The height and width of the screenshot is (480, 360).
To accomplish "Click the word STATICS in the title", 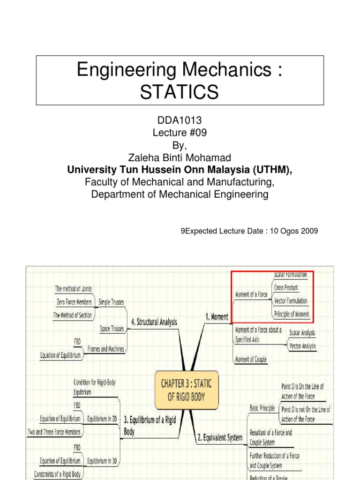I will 180,92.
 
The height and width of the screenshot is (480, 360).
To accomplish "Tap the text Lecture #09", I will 180,133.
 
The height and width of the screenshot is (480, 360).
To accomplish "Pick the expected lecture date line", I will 249,231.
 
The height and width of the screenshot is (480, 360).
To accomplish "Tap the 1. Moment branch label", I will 217,317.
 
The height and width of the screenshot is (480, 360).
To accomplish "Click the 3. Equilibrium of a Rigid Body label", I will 150,425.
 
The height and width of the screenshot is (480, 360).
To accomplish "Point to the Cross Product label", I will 286,287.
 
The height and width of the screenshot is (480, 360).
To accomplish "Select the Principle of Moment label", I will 292,314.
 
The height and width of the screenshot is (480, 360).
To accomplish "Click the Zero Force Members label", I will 74,302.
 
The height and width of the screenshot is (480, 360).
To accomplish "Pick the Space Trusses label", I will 112,329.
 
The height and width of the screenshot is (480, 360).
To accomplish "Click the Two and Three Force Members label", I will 54,432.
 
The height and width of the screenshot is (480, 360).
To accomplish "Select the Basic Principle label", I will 262,408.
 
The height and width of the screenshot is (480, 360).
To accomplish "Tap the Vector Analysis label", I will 302,346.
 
